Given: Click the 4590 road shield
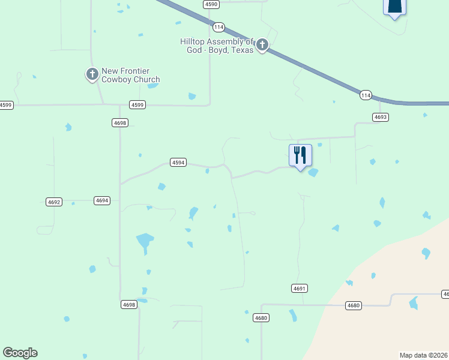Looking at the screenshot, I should click(211, 4).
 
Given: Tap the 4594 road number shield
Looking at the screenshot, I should click(178, 163).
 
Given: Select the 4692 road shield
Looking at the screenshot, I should click(54, 202).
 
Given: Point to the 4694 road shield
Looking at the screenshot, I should click(102, 200).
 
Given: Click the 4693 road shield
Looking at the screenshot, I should click(380, 117).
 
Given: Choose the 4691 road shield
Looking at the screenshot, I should click(300, 289).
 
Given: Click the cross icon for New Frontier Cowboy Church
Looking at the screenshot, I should click(92, 74).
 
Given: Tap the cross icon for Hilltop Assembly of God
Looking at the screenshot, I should click(262, 45).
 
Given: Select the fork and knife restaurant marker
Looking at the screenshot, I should click(300, 155).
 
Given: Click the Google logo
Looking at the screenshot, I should click(20, 353).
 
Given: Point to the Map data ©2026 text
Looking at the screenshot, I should click(424, 355).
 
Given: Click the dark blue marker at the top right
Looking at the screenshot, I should click(394, 7).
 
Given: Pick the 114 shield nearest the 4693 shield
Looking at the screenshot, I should click(366, 95).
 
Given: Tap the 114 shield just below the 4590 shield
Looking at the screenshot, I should click(218, 28).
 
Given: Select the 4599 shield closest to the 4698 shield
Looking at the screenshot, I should click(137, 105).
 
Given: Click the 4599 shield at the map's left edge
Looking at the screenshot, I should click(6, 105).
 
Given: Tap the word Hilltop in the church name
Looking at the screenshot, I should click(194, 41).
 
